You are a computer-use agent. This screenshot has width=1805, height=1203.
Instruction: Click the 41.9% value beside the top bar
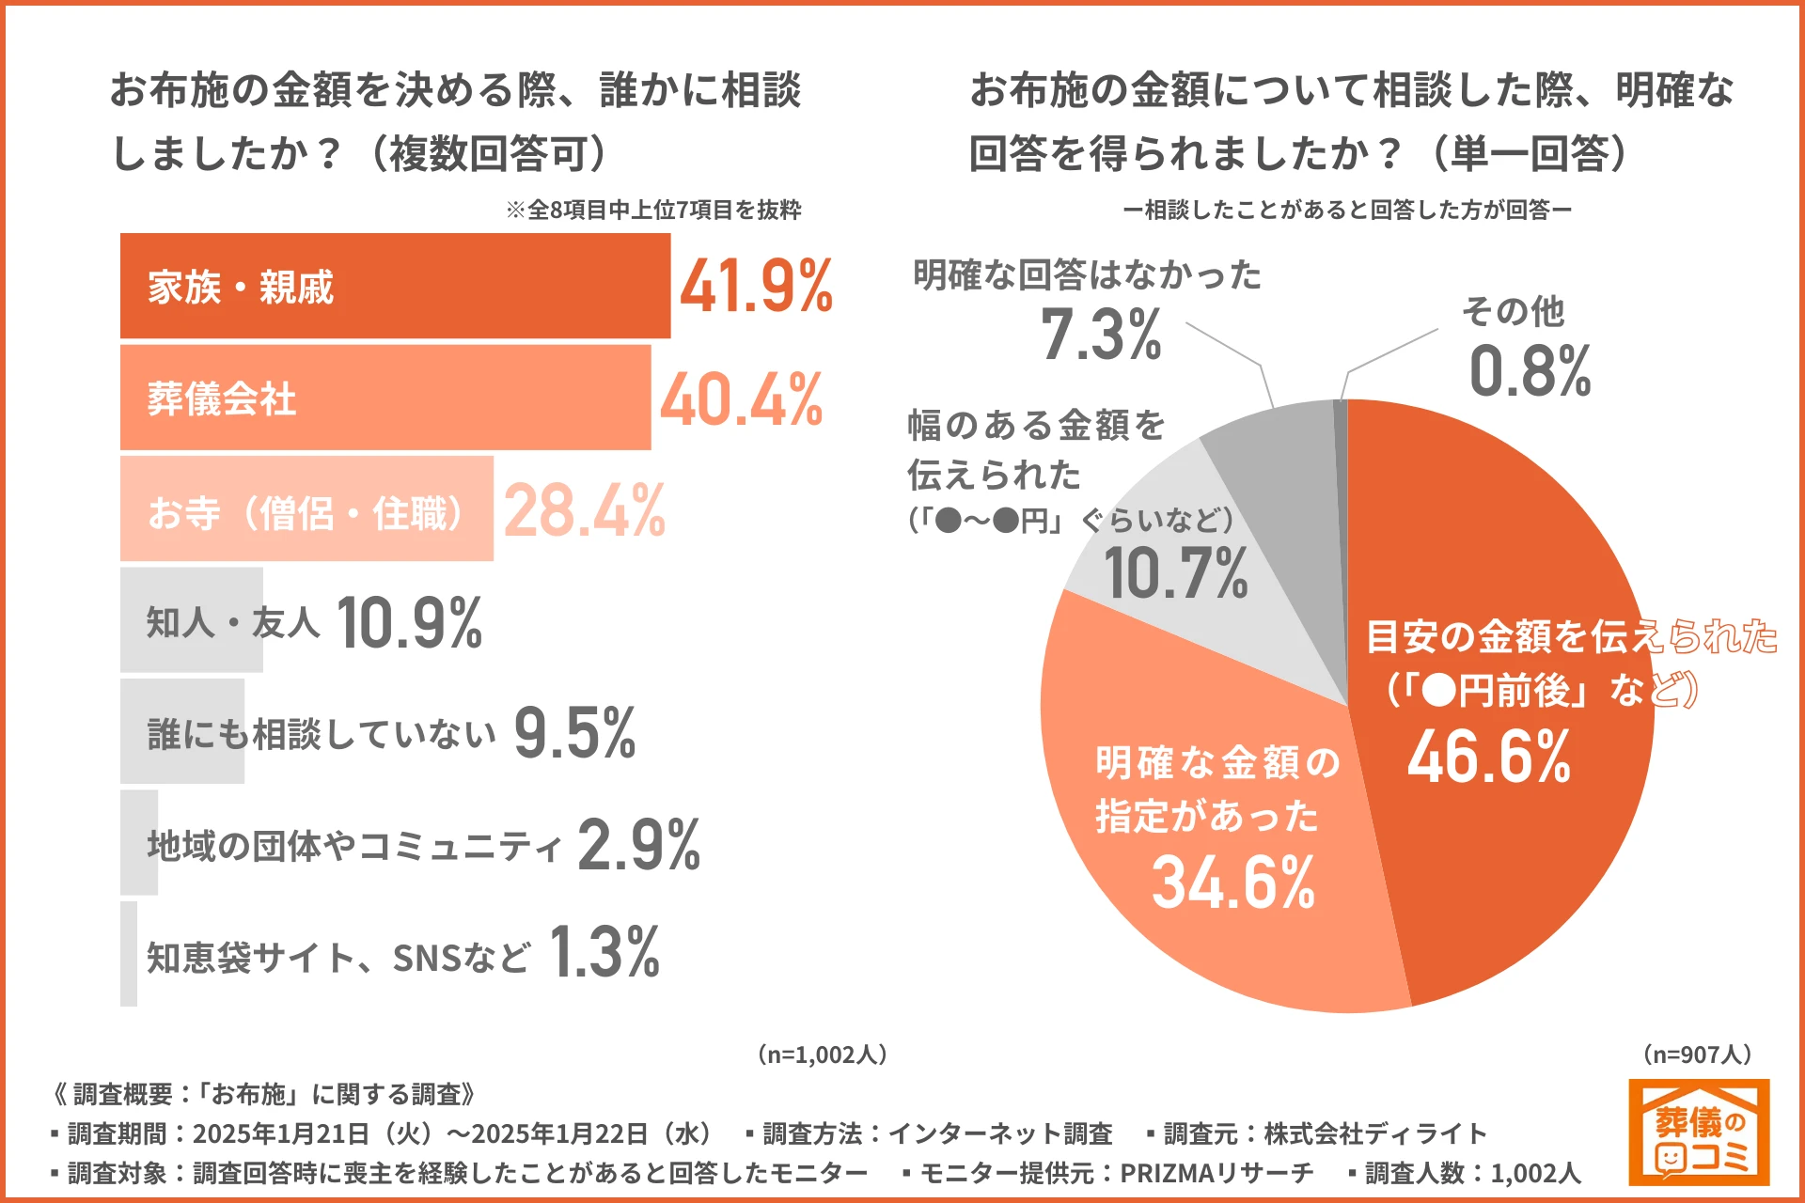[x=756, y=286]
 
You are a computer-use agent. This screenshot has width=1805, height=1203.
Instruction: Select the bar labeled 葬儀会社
[x=385, y=398]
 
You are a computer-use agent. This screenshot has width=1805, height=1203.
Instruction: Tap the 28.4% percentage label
[x=584, y=510]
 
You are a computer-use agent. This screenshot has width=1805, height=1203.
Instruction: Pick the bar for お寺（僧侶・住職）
[x=306, y=510]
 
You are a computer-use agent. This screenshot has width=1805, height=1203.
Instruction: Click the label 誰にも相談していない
[x=321, y=733]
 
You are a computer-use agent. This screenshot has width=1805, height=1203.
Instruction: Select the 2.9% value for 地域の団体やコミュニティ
[x=638, y=844]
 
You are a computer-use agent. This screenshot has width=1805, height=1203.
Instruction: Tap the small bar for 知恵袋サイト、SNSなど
[x=129, y=954]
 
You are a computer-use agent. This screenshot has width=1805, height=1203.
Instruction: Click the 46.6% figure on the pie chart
[x=1488, y=757]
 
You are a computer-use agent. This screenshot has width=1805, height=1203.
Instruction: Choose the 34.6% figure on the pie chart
[x=1232, y=882]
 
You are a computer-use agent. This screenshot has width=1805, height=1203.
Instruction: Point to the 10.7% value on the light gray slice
[x=1175, y=573]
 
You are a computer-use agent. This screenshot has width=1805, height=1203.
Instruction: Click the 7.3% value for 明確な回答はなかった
[x=1101, y=335]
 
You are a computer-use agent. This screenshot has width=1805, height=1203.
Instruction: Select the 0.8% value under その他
[x=1530, y=370]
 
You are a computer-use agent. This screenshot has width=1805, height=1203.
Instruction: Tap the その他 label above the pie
[x=1513, y=311]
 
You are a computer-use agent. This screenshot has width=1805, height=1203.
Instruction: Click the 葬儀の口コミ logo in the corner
[x=1698, y=1132]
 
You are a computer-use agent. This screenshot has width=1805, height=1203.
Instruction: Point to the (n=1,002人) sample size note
[x=822, y=1055]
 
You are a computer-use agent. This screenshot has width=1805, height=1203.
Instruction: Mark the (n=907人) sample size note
[x=1697, y=1055]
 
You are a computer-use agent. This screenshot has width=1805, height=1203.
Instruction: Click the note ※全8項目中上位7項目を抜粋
[x=653, y=210]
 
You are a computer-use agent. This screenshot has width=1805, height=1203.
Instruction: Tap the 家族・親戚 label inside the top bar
[x=241, y=287]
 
